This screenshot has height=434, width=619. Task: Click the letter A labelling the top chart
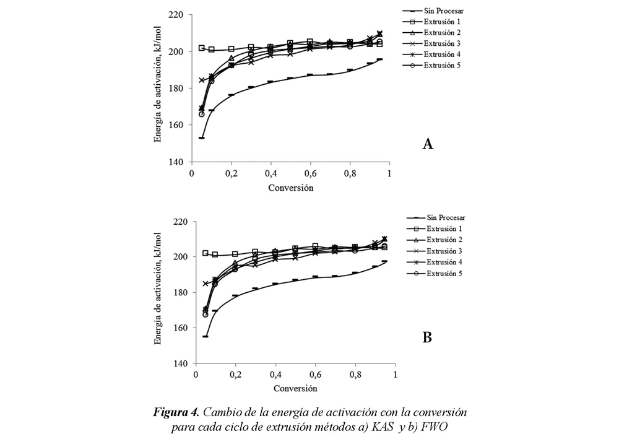point(427,144)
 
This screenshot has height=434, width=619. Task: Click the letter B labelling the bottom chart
point(427,337)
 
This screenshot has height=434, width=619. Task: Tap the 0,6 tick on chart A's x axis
point(310,174)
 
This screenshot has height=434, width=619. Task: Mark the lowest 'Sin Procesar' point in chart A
point(202,137)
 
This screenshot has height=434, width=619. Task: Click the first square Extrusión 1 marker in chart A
point(202,48)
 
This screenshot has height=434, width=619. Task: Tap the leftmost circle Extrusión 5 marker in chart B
point(206,315)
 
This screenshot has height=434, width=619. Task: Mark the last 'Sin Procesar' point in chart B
point(384,261)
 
